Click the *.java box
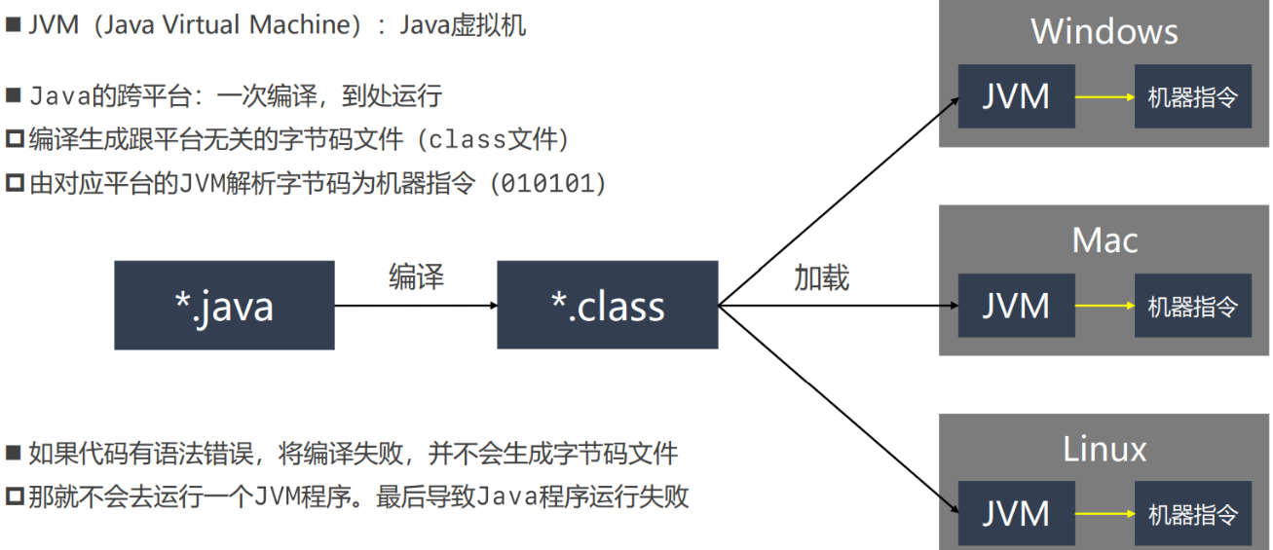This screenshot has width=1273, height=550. pos(224,306)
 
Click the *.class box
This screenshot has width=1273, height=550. pos(607,306)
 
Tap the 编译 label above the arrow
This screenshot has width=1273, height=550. pos(416,276)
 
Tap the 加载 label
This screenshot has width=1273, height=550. pos(821,277)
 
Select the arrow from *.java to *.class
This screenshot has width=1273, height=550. pos(416,306)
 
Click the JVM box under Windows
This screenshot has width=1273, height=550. pos(1016,96)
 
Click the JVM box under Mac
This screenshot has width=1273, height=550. pos(1016,306)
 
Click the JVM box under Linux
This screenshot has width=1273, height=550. pos(1016,513)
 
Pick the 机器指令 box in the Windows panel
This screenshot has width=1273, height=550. pos(1192,96)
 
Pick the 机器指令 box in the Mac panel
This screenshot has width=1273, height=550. pos(1192,306)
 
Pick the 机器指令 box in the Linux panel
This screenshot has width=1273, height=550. pos(1192,513)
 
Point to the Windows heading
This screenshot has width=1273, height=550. pos(1105,31)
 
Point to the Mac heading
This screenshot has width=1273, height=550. pos(1105,239)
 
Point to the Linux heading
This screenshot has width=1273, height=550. pos(1105,449)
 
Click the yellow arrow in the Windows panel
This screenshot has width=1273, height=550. pos(1105,97)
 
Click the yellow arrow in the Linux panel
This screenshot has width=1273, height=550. pos(1105,513)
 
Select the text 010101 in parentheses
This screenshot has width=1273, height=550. pos(550,183)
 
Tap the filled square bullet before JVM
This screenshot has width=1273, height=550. pos(13,24)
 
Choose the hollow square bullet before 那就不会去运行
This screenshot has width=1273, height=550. pos(14,497)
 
